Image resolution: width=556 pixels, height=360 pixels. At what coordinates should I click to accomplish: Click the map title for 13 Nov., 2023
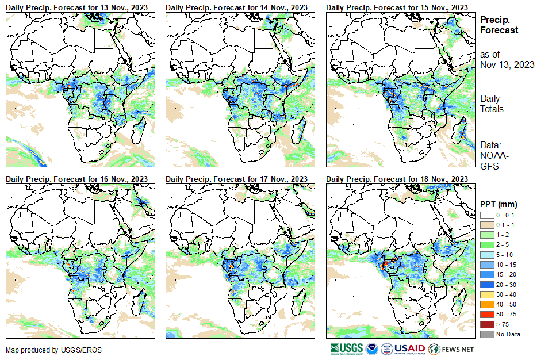click(76, 6)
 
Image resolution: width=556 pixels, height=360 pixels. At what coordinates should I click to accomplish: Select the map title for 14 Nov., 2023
click(236, 6)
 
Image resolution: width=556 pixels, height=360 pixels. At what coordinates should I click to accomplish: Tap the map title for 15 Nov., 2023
click(397, 6)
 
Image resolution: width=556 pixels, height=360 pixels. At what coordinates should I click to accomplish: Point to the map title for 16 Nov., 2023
click(76, 179)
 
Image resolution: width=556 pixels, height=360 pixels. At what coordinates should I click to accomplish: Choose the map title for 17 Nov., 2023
click(236, 179)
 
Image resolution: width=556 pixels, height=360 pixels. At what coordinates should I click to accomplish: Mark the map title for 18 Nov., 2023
click(397, 179)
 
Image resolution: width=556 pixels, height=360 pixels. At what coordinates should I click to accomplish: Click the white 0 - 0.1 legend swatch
click(487, 215)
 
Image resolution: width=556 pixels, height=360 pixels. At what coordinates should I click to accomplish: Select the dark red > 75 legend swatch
click(487, 324)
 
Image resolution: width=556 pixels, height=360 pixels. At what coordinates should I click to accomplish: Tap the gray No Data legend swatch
click(487, 334)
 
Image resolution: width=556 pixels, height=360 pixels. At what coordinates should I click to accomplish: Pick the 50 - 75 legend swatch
click(487, 314)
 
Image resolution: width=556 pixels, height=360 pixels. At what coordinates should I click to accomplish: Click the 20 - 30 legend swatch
click(487, 284)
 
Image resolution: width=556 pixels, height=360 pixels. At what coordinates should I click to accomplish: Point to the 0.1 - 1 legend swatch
click(487, 224)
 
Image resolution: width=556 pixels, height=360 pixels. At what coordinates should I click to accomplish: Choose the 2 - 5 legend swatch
click(487, 244)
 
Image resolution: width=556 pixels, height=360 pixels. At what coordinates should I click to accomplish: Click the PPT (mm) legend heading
click(499, 204)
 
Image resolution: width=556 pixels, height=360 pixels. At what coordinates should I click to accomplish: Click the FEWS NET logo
click(452, 348)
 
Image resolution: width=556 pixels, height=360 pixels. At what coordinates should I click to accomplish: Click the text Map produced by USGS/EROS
click(45, 350)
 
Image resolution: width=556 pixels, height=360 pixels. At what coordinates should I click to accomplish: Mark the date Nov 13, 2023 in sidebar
click(507, 64)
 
